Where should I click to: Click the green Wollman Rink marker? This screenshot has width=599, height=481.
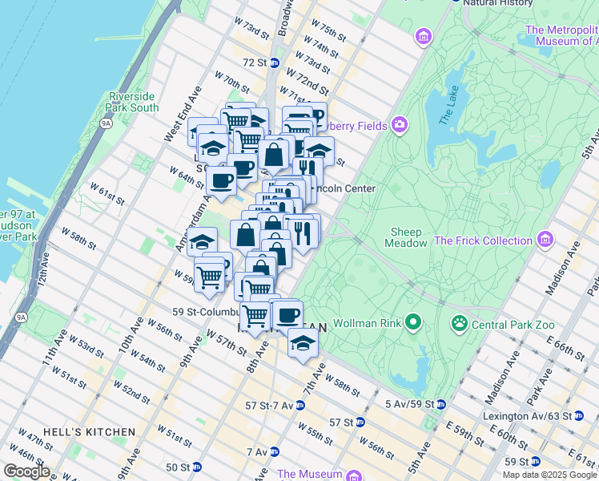(x=413, y=324)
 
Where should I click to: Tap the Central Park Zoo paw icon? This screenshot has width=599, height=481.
(x=460, y=324)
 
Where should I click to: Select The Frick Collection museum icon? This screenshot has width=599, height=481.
(x=545, y=240)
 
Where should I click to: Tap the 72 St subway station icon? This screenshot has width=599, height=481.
(x=273, y=63)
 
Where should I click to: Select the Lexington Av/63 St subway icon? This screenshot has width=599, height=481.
(x=578, y=416)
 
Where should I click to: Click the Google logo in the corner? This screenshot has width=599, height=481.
(x=26, y=471)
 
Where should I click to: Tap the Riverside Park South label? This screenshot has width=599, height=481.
(x=133, y=102)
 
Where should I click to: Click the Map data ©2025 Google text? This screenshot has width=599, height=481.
(x=549, y=475)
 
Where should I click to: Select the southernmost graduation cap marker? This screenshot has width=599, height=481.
(x=302, y=344)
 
